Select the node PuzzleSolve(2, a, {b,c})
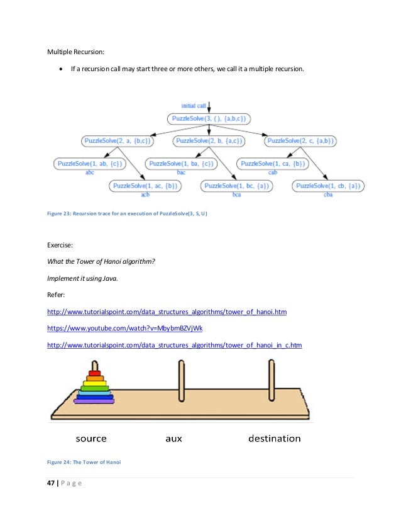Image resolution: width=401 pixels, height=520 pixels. (x=119, y=141)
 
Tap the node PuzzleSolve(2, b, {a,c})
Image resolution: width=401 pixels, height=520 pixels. (x=211, y=141)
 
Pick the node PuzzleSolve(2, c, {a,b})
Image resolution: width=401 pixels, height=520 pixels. (x=300, y=141)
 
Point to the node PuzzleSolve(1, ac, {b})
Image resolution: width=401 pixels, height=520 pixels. (x=145, y=186)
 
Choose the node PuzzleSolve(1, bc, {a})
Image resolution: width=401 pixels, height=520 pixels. (x=236, y=186)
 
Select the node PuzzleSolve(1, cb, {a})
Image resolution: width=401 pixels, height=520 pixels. (x=329, y=186)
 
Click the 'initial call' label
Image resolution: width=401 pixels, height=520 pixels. (x=192, y=106)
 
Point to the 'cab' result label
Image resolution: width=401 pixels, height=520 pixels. (x=272, y=172)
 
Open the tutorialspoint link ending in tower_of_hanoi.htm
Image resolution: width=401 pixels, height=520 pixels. (x=167, y=312)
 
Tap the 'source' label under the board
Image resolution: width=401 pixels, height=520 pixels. (x=91, y=438)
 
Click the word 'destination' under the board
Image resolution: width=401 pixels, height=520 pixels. (x=274, y=438)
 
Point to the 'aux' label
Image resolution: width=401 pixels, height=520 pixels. (x=173, y=438)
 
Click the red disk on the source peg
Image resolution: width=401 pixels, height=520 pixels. (x=94, y=373)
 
